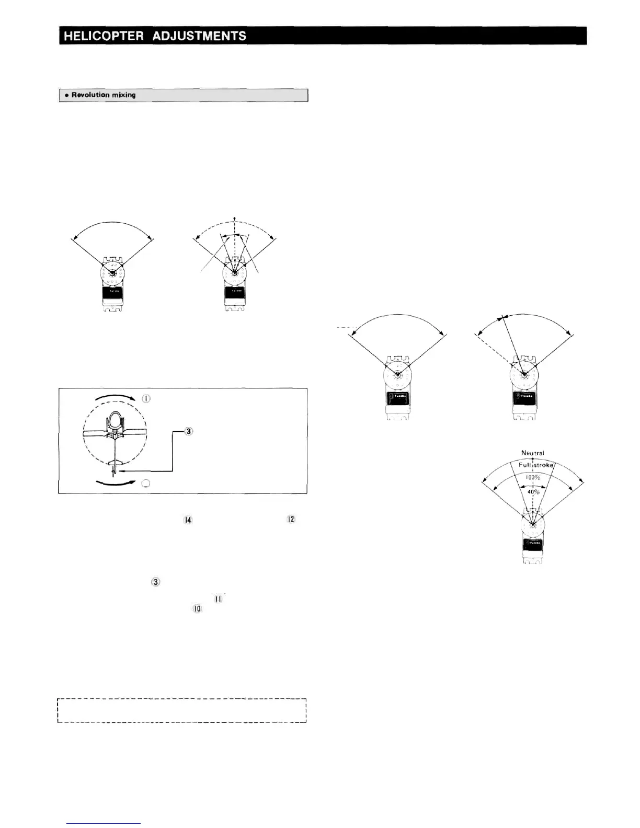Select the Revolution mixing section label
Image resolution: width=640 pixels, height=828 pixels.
(x=104, y=95)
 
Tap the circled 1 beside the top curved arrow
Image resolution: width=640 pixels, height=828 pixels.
(x=146, y=399)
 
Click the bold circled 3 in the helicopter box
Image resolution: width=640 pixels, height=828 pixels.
(x=189, y=431)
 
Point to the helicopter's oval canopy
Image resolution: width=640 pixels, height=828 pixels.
(x=115, y=419)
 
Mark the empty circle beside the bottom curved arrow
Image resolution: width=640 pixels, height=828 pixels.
(x=146, y=483)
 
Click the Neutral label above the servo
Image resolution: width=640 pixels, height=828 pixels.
(x=532, y=453)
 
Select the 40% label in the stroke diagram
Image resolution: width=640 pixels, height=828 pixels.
(x=532, y=491)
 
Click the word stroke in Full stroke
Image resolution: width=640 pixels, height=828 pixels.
(x=543, y=465)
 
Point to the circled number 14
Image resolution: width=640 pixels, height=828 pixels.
(x=188, y=520)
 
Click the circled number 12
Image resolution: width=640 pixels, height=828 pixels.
(x=291, y=519)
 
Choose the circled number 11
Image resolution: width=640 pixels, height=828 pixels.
(x=218, y=599)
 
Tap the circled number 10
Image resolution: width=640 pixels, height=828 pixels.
(x=197, y=609)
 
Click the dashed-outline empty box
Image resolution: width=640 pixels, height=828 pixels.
(x=181, y=710)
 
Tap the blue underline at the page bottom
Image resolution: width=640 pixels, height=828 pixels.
(x=104, y=824)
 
